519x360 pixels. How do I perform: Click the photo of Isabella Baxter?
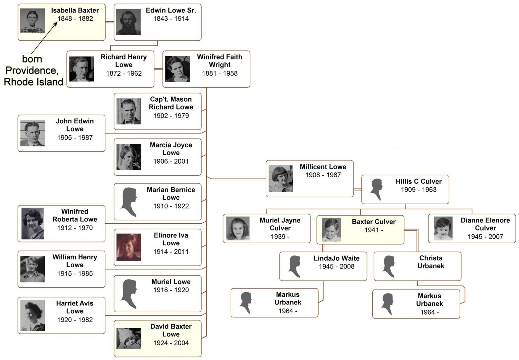coord(32,20)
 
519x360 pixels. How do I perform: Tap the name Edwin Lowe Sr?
coord(171,10)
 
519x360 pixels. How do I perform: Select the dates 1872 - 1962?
coord(124,73)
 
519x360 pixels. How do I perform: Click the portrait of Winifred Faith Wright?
coord(177,69)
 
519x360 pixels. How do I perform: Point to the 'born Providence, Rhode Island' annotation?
coord(33,70)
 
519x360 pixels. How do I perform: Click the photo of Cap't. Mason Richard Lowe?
coord(129,111)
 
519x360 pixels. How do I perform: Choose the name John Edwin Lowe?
coord(75,125)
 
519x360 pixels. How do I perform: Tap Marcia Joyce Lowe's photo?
coord(129,157)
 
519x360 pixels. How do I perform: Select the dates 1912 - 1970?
coord(75,228)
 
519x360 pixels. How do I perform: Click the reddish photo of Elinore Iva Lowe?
coord(129,247)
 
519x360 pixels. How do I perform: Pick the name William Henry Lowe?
coord(75,261)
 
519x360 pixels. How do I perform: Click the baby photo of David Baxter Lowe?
coord(129,339)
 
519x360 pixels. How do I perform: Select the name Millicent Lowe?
coord(323,167)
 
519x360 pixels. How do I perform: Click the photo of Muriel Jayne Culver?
coord(238,229)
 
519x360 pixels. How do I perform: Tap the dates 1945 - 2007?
coord(485,237)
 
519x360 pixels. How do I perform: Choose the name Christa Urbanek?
coord(431,262)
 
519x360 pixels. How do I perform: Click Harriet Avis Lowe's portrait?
coord(32,315)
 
